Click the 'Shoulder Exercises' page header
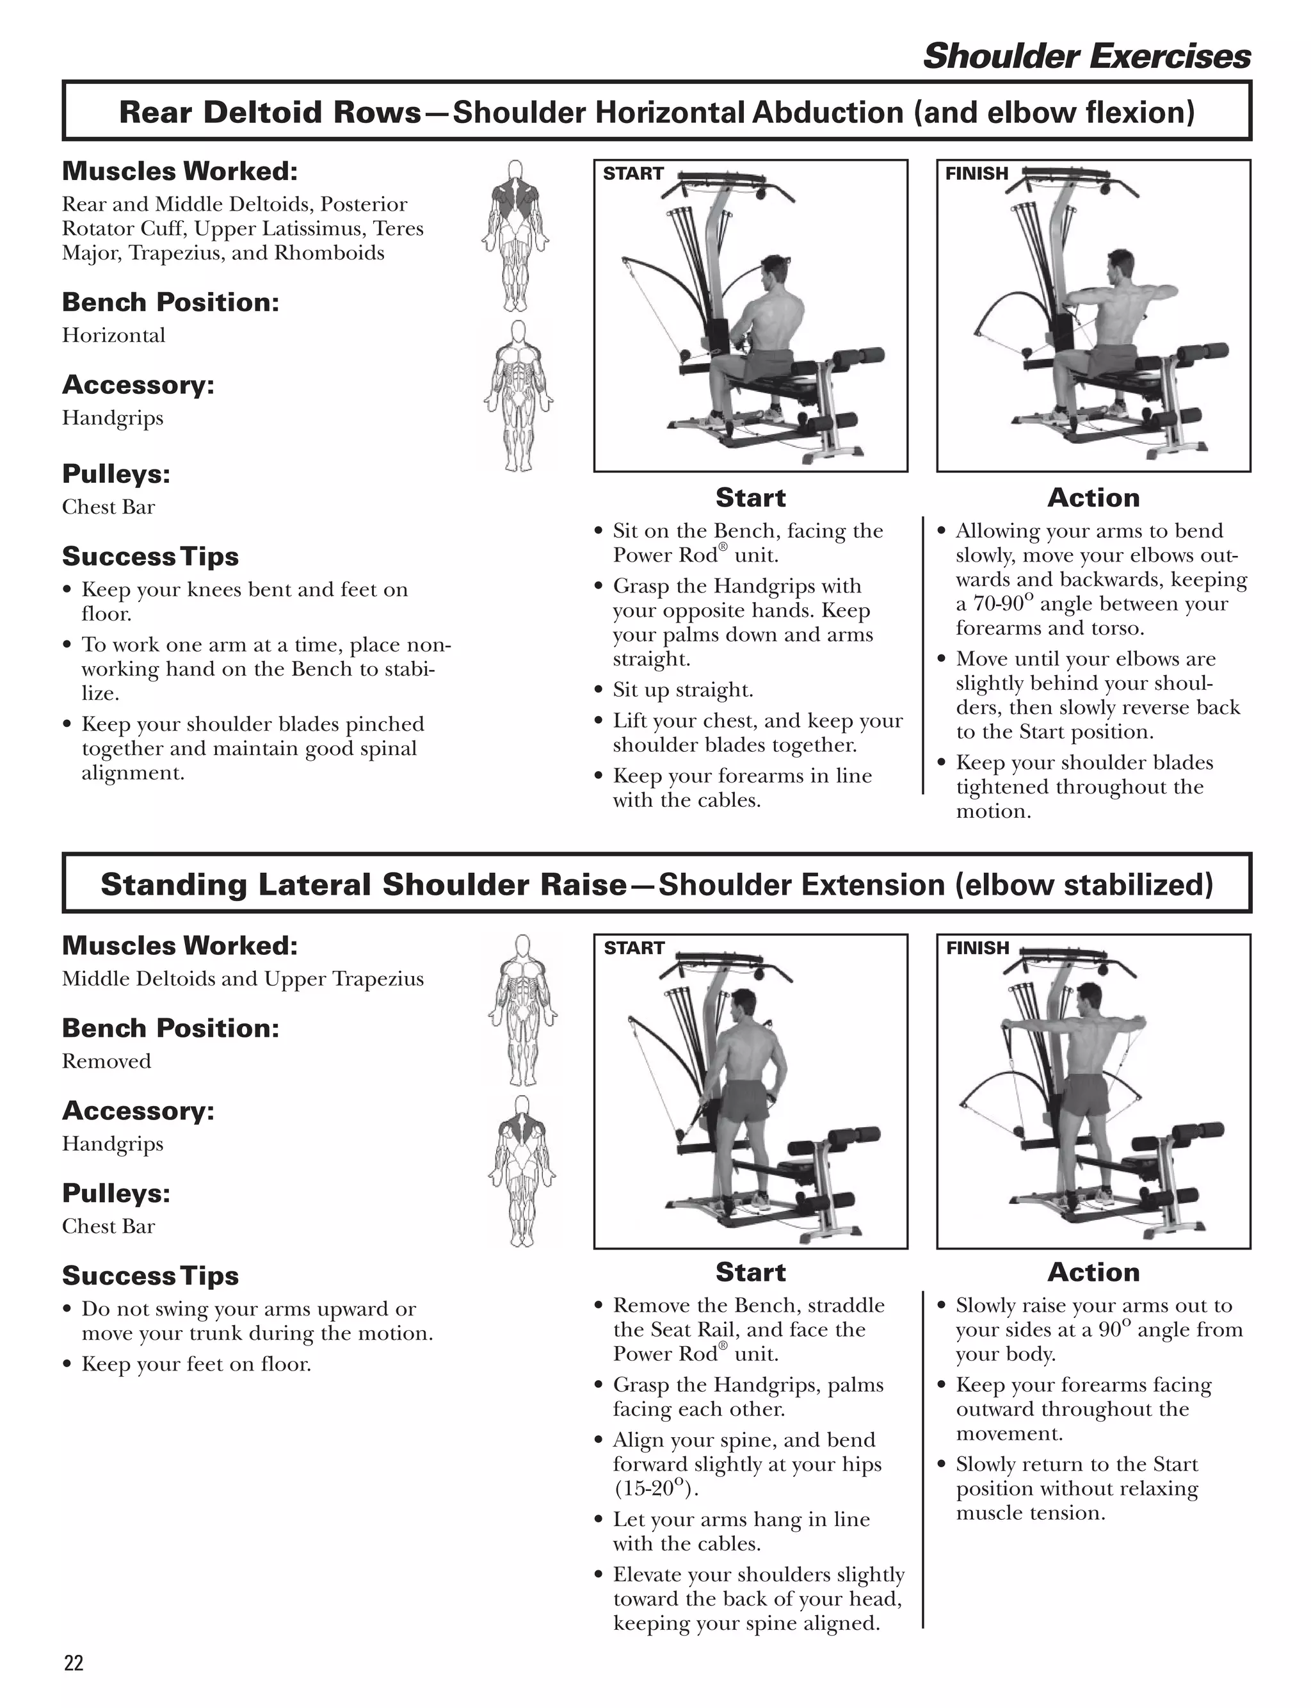click(x=1086, y=56)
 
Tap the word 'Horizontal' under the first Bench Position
click(x=114, y=336)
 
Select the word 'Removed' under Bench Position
click(x=107, y=1062)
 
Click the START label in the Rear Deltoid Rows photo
click(x=633, y=174)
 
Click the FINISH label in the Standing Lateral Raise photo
click(x=977, y=948)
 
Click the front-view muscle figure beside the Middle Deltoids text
click(x=522, y=1009)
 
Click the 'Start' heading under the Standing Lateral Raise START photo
click(x=751, y=1273)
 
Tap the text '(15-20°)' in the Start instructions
click(x=655, y=1488)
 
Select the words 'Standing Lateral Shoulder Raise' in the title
click(x=364, y=885)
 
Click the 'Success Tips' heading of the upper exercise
click(x=150, y=557)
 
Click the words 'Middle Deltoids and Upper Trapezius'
click(x=243, y=980)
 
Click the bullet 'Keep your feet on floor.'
click(x=196, y=1365)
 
